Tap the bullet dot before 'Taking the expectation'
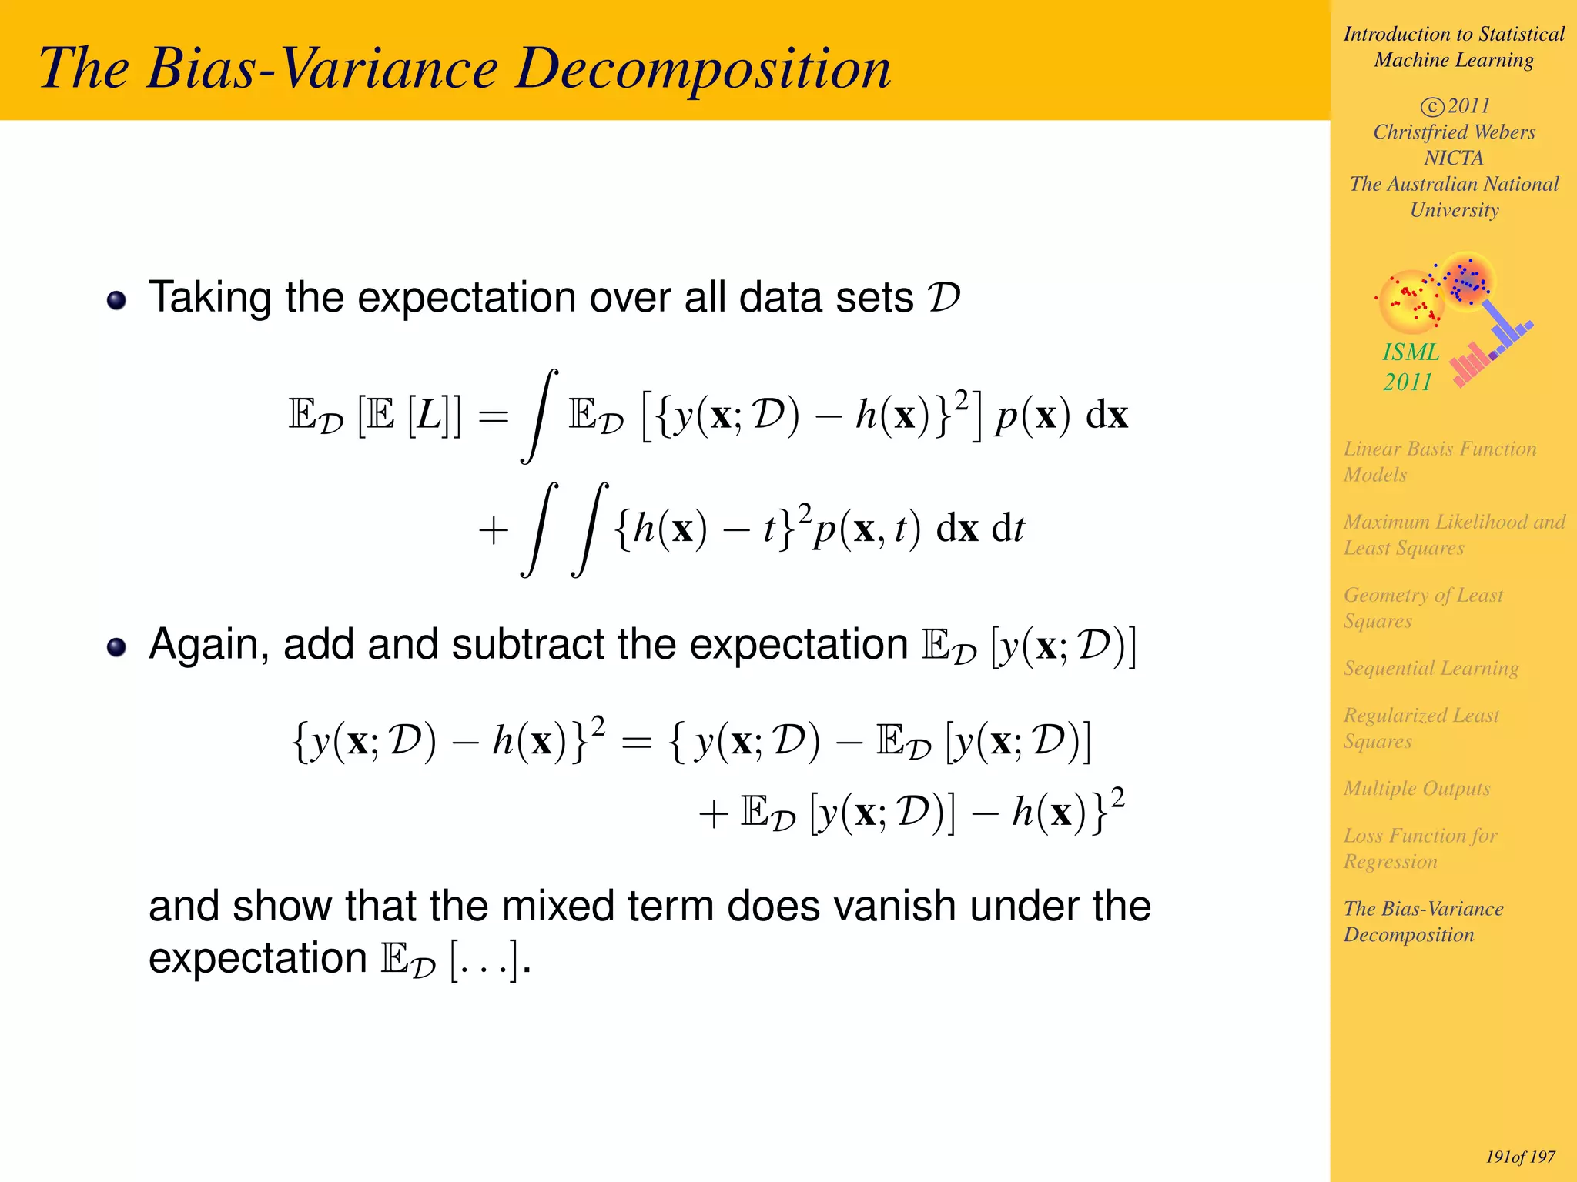[116, 300]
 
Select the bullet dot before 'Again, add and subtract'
[116, 647]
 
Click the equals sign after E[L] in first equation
[494, 417]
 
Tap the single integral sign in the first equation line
[539, 416]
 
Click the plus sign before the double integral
[494, 530]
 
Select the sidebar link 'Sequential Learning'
[1431, 668]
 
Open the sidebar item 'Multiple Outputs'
[1416, 788]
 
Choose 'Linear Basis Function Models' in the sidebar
[1439, 461]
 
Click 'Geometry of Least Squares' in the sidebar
[1422, 607]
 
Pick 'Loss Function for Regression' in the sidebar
[1420, 848]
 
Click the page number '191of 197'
[1520, 1157]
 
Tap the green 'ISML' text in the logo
[1411, 352]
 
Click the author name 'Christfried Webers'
[1454, 132]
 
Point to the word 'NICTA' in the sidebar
[1453, 158]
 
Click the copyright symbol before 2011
[1431, 106]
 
